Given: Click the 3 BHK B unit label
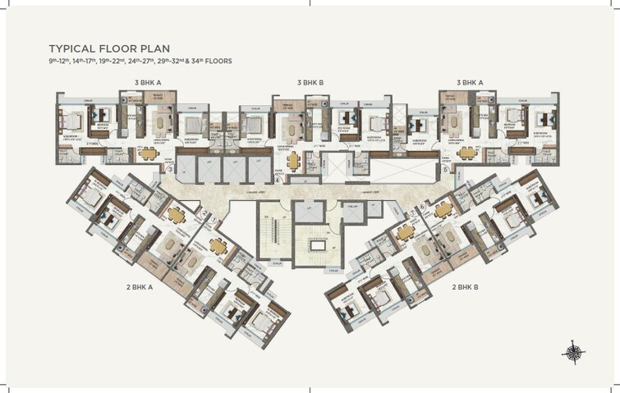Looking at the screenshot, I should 310,83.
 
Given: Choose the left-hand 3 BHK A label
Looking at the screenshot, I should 148,83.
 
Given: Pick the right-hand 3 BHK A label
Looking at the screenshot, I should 472,83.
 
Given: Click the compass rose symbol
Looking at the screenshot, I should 573,351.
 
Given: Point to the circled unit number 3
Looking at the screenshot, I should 170,170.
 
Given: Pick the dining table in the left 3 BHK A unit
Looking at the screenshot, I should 148,153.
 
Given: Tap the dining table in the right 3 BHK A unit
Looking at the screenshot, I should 467,153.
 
